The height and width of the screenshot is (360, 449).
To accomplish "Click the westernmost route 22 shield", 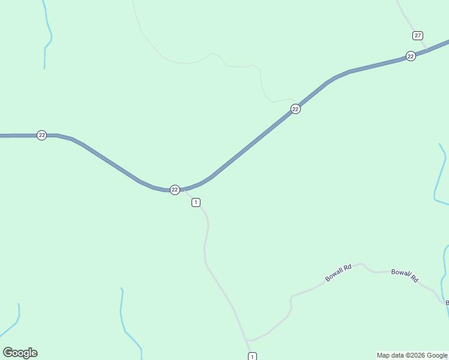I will click(41, 135).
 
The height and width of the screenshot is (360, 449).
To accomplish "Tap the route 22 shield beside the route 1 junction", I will click(175, 190).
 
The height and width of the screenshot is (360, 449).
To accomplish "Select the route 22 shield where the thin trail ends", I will click(295, 109).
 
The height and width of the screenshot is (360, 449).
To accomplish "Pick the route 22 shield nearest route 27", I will click(411, 56).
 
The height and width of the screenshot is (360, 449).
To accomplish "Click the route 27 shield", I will click(418, 35).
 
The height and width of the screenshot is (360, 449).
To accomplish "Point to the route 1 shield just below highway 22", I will click(196, 202).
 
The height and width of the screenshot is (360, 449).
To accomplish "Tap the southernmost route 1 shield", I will click(252, 356).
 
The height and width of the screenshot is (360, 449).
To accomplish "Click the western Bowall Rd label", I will click(337, 274).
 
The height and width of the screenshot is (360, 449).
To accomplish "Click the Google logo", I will click(20, 353).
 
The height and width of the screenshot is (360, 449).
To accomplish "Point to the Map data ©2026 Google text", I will click(412, 355).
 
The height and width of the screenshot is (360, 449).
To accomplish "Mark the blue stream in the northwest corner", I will click(47, 36).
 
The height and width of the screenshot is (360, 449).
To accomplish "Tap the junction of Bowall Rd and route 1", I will click(247, 340).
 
